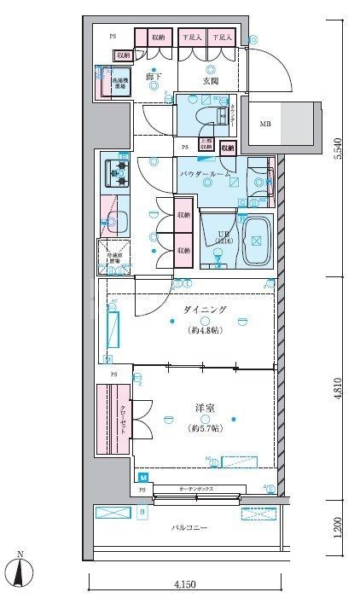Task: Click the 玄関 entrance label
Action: (211, 81)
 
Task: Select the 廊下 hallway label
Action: (154, 79)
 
